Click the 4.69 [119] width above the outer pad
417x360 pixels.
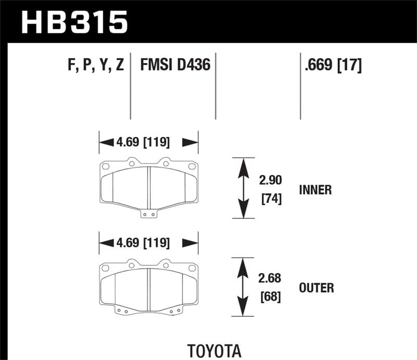149,242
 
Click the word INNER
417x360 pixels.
315,190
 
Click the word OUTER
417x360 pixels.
316,288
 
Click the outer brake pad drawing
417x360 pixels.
149,287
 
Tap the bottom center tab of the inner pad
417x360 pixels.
149,214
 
